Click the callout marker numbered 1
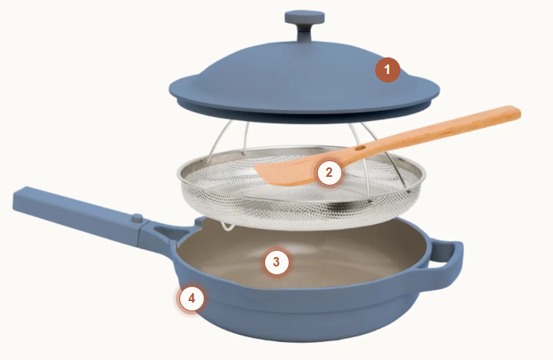387,69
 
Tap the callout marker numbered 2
329,173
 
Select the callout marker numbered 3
276,262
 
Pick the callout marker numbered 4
191,299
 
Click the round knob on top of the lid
304,17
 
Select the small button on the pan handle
137,218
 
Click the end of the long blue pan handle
17,200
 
